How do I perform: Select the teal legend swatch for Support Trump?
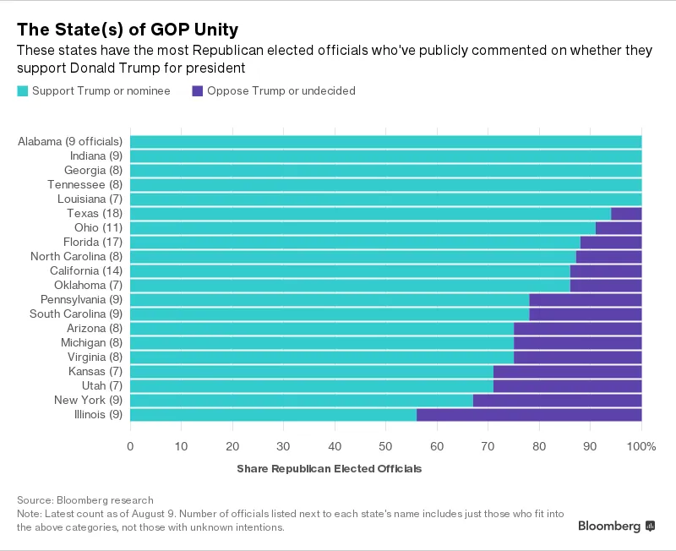pos(23,90)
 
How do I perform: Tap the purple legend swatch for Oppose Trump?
pos(198,90)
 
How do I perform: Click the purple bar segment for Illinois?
pos(529,415)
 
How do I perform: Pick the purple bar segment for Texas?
pos(626,214)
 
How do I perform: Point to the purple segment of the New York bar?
pos(557,401)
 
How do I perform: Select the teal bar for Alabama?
pos(385,142)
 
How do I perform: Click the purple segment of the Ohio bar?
pos(619,228)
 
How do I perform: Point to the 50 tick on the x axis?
pos(385,446)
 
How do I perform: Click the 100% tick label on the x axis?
pos(641,446)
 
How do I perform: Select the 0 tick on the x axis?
pos(130,446)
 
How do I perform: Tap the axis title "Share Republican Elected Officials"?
pos(329,468)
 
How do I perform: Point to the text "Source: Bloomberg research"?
pos(84,500)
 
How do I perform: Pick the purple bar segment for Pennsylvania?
pos(585,300)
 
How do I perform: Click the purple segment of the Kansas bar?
pos(567,372)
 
